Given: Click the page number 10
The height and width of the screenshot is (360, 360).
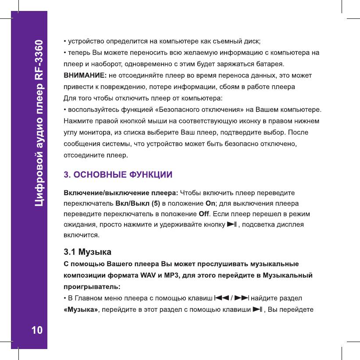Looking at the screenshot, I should [37, 330].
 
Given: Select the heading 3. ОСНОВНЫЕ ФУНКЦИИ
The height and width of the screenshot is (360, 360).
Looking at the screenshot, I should [118, 175].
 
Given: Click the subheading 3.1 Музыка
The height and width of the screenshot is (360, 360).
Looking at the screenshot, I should [87, 253].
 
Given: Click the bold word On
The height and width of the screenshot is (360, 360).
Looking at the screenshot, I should [210, 203].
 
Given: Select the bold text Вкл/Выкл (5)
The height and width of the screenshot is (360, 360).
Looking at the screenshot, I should [138, 203].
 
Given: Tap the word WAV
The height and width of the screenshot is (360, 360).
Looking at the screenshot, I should [213, 275].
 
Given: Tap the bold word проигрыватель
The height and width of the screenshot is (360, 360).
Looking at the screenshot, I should [92, 286].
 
